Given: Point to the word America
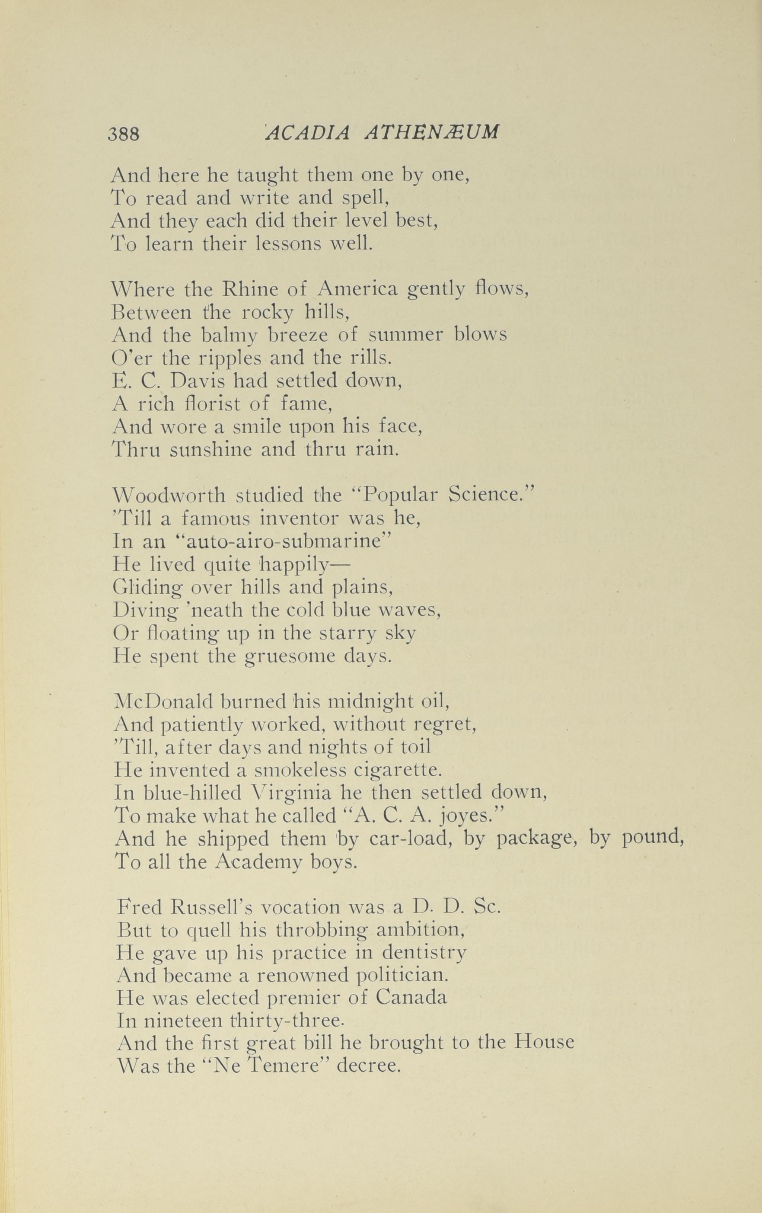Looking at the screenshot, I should click(357, 289).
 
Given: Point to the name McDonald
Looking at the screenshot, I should click(165, 701).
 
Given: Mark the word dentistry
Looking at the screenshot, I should click(424, 953).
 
